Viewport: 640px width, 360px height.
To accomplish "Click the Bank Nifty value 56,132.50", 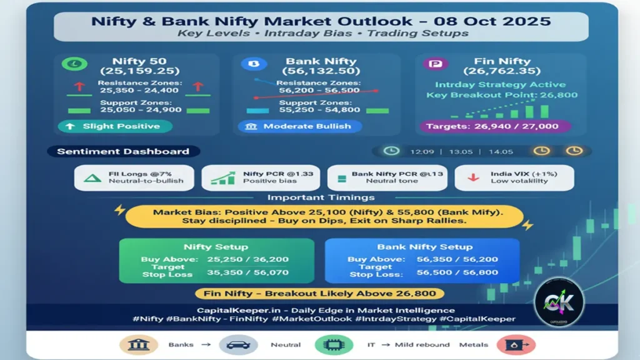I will tap(321, 72).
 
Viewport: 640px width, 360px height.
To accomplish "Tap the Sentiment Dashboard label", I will tap(123, 151).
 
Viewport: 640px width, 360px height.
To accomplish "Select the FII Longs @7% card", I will tap(134, 177).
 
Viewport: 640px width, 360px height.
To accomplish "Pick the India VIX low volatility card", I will tap(514, 177).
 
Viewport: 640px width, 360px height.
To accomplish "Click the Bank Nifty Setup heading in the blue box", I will tap(422, 246).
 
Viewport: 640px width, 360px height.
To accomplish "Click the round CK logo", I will tap(558, 302).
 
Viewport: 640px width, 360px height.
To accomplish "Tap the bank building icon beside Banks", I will tap(139, 344).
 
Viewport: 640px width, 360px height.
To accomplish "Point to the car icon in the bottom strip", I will tap(239, 344).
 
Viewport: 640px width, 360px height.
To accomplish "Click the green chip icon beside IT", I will tap(335, 344).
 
